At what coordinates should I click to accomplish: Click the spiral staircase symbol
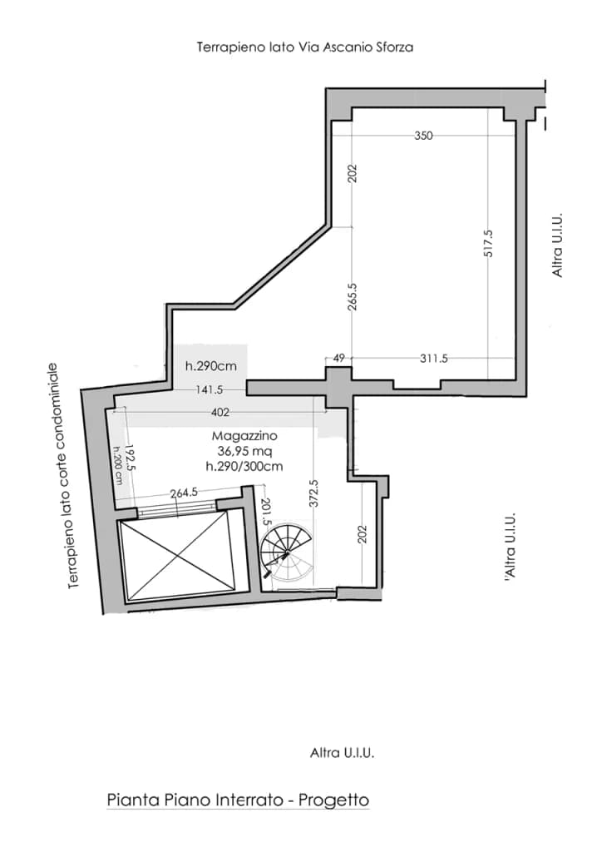tap(285, 553)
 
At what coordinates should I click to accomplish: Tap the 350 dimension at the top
tap(423, 136)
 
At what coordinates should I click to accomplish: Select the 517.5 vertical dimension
tap(488, 243)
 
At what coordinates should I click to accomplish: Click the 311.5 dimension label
tap(434, 359)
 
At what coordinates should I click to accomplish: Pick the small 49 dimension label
tap(338, 358)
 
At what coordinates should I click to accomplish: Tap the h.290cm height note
tap(211, 366)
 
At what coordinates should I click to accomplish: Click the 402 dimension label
tap(220, 413)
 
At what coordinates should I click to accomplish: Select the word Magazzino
tap(244, 436)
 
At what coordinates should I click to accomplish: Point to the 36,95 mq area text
tap(244, 450)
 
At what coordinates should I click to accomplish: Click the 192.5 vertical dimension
tap(130, 459)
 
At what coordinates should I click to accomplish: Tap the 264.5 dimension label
tap(184, 493)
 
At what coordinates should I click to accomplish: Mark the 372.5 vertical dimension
tap(313, 493)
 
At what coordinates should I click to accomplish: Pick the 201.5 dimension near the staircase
tap(265, 512)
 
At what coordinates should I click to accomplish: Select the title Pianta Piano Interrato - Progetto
tap(238, 800)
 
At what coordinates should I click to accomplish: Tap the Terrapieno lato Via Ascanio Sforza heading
tap(304, 47)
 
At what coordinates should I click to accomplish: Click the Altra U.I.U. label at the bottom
tap(342, 753)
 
